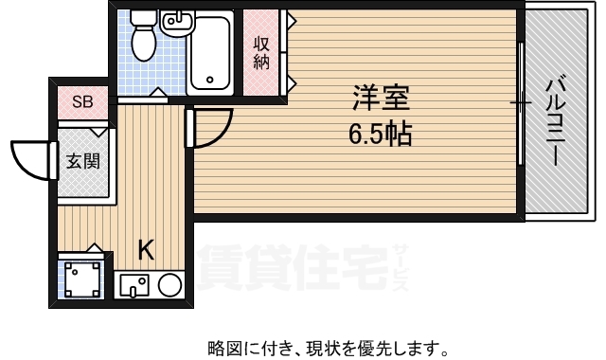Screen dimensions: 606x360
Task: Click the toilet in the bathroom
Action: click(143, 36)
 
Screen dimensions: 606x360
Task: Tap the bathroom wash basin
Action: click(178, 23)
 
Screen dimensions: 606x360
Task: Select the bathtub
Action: click(210, 53)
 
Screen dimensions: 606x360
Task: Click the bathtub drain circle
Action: click(210, 80)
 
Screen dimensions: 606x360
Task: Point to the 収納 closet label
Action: click(261, 53)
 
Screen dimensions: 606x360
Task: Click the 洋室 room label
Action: click(381, 99)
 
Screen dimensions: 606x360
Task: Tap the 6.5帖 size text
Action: click(381, 134)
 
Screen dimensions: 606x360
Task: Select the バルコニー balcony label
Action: click(556, 122)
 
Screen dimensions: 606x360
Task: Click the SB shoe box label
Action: click(82, 102)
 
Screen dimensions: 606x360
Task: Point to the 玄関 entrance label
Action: click(83, 161)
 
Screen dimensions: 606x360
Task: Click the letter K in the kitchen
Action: click(147, 250)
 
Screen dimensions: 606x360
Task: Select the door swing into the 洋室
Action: click(219, 135)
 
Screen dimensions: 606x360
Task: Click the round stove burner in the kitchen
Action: click(170, 285)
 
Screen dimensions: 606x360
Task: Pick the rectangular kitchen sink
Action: click(134, 285)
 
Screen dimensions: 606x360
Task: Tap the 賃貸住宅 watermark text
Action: click(293, 267)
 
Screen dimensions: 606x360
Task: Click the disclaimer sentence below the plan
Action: click(328, 349)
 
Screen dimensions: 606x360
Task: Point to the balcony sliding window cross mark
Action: click(521, 103)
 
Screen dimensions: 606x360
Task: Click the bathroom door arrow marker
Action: click(157, 93)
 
